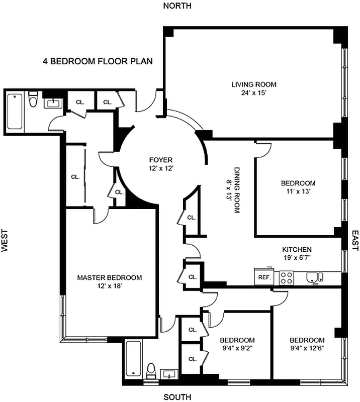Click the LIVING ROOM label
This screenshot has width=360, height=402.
(253, 88)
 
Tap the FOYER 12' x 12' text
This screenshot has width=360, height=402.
(160, 164)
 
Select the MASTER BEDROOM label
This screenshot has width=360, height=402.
(109, 281)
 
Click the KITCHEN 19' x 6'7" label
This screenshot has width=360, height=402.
(297, 254)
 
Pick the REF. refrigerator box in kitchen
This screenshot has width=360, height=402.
(264, 276)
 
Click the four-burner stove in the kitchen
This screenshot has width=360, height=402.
(286, 277)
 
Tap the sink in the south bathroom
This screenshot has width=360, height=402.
(168, 374)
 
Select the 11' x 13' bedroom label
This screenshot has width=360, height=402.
(298, 187)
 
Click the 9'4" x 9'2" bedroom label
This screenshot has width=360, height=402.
(237, 344)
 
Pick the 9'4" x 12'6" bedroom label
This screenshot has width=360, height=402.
(307, 344)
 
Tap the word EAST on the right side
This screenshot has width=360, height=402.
(354, 241)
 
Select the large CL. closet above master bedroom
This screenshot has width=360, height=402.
(75, 176)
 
